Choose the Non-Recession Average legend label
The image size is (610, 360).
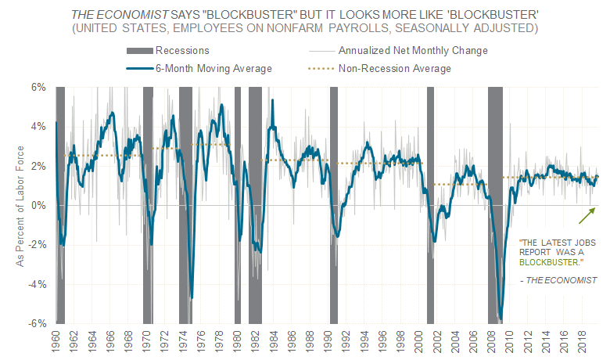point(394,68)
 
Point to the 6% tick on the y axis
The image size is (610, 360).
point(39,87)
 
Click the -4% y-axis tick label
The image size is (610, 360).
point(38,284)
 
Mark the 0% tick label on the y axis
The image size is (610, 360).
point(39,205)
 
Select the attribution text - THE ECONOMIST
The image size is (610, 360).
point(558,279)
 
